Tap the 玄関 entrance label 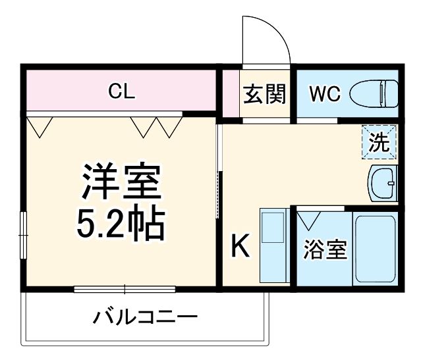(266, 94)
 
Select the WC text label (325, 94)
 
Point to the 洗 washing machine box (379, 142)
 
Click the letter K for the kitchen (240, 247)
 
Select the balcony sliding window (125, 288)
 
